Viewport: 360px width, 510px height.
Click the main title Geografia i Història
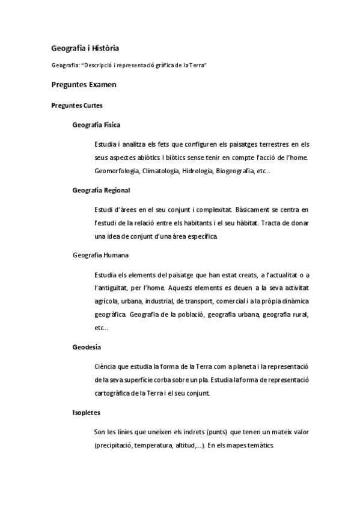pyautogui.click(x=87, y=48)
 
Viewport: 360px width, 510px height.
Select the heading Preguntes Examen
pyautogui.click(x=84, y=85)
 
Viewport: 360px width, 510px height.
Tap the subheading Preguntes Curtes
pyautogui.click(x=77, y=105)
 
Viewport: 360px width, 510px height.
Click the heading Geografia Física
pyautogui.click(x=96, y=125)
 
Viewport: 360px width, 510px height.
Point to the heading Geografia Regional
pyautogui.click(x=101, y=190)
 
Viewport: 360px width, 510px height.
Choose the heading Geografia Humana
pyautogui.click(x=100, y=255)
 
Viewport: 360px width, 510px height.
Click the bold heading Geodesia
pyautogui.click(x=87, y=347)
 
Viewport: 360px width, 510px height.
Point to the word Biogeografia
pyautogui.click(x=236, y=171)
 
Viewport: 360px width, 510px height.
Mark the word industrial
pyautogui.click(x=156, y=301)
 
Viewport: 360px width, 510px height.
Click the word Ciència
pyautogui.click(x=106, y=367)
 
